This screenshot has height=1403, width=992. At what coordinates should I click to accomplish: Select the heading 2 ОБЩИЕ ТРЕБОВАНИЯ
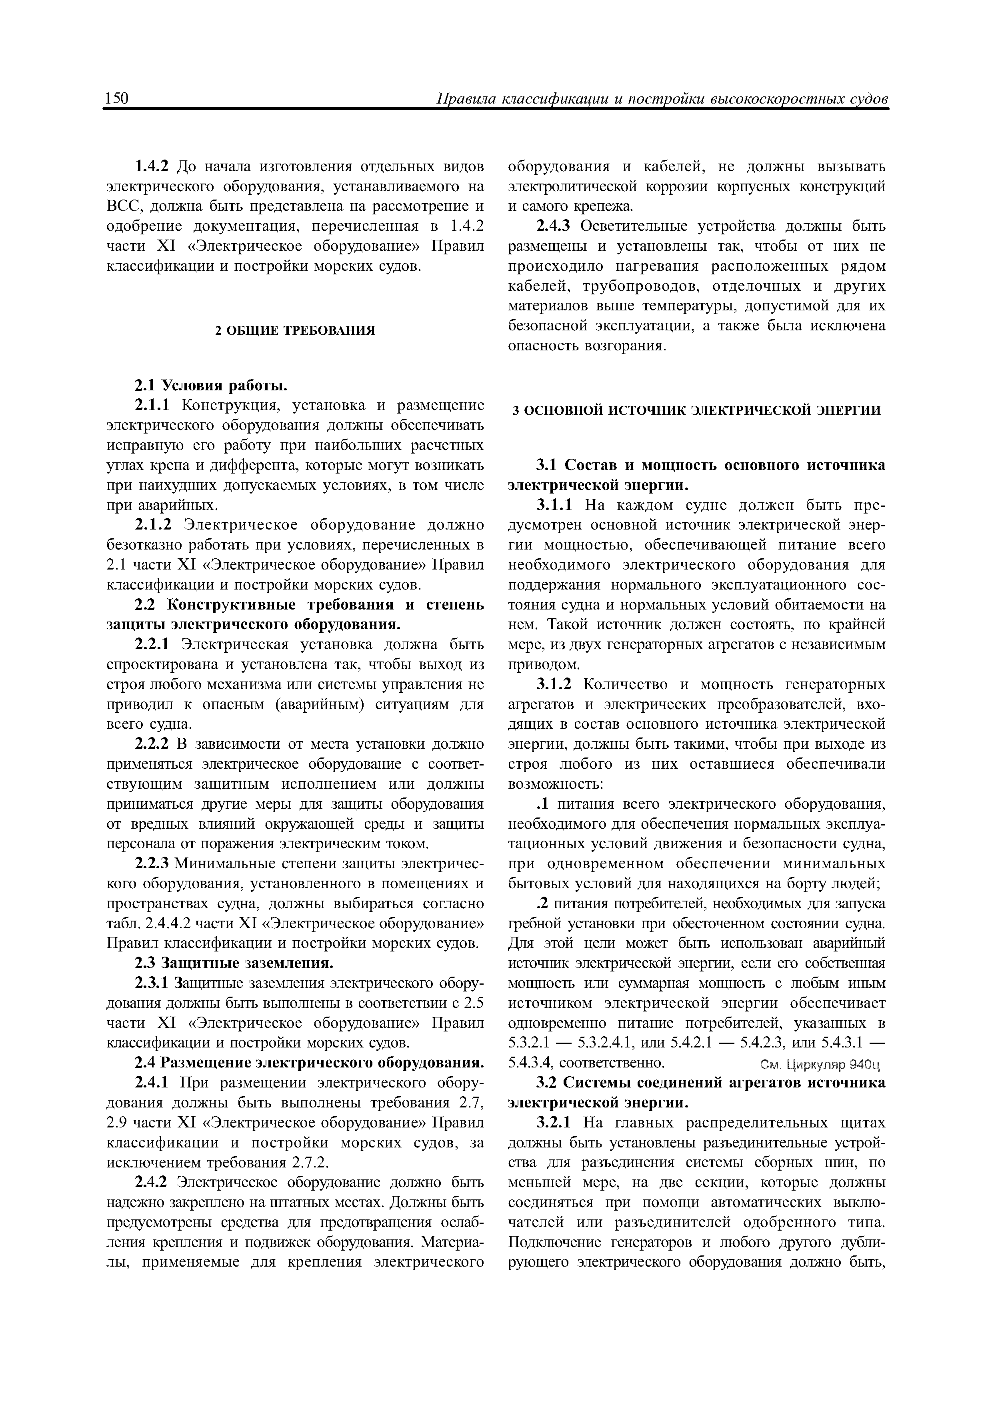[295, 331]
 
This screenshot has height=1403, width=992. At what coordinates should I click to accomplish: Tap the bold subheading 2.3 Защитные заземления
[234, 963]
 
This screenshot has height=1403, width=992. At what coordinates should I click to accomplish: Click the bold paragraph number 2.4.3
[553, 226]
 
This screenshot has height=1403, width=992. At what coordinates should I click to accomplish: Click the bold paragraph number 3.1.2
[554, 685]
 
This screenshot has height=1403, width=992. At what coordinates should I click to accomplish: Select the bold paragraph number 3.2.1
[554, 1123]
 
